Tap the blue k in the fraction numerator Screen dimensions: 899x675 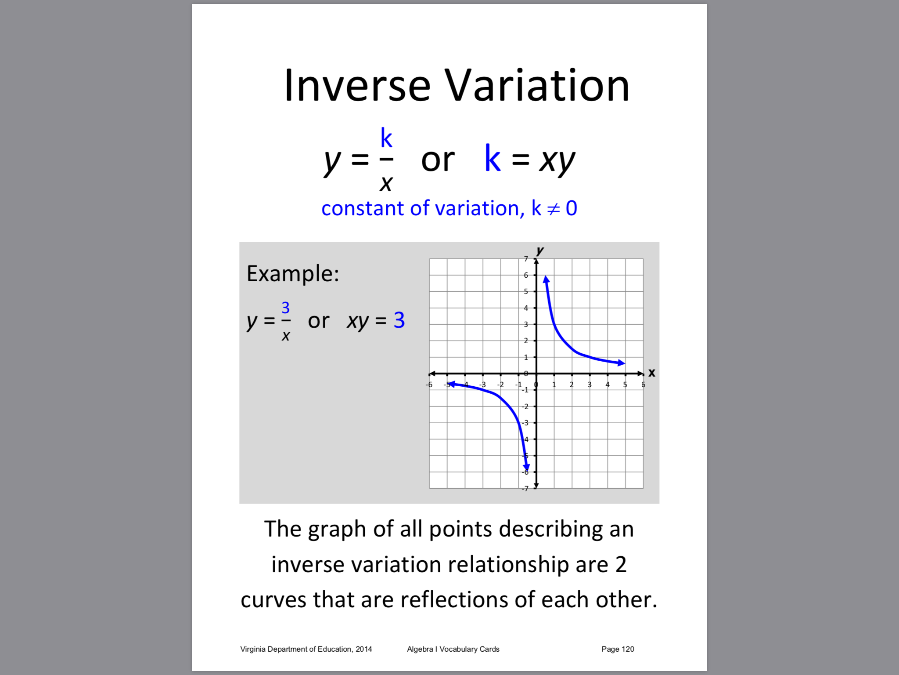(386, 138)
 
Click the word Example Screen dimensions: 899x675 (293, 274)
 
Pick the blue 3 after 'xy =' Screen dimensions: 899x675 (399, 320)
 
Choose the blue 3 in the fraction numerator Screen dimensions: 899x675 (285, 307)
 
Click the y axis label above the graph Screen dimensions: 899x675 (540, 251)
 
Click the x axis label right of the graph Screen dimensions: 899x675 (652, 373)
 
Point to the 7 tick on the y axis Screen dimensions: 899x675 (526, 259)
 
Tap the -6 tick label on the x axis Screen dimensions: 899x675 (429, 385)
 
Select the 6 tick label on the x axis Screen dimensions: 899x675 (643, 385)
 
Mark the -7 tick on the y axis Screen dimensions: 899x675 (525, 489)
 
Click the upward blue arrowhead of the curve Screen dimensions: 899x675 (546, 279)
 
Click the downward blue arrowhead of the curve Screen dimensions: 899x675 (526, 467)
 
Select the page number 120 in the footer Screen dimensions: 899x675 (628, 649)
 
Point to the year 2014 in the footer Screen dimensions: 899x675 (364, 649)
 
